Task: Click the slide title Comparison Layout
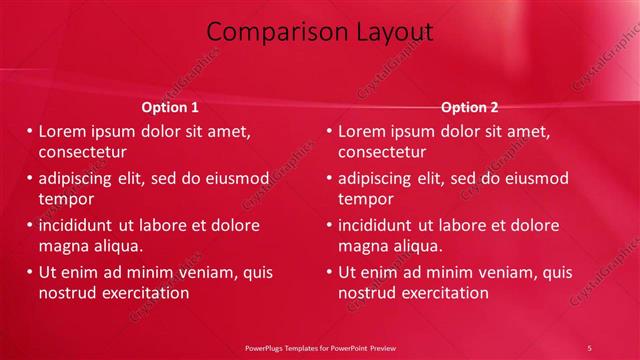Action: coord(326,32)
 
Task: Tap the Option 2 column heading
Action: coord(469,107)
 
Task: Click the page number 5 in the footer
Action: coord(589,347)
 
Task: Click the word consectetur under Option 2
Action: coord(382,153)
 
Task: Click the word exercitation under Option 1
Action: coord(143,293)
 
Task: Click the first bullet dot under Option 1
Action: coord(29,131)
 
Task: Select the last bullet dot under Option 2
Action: coord(329,272)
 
